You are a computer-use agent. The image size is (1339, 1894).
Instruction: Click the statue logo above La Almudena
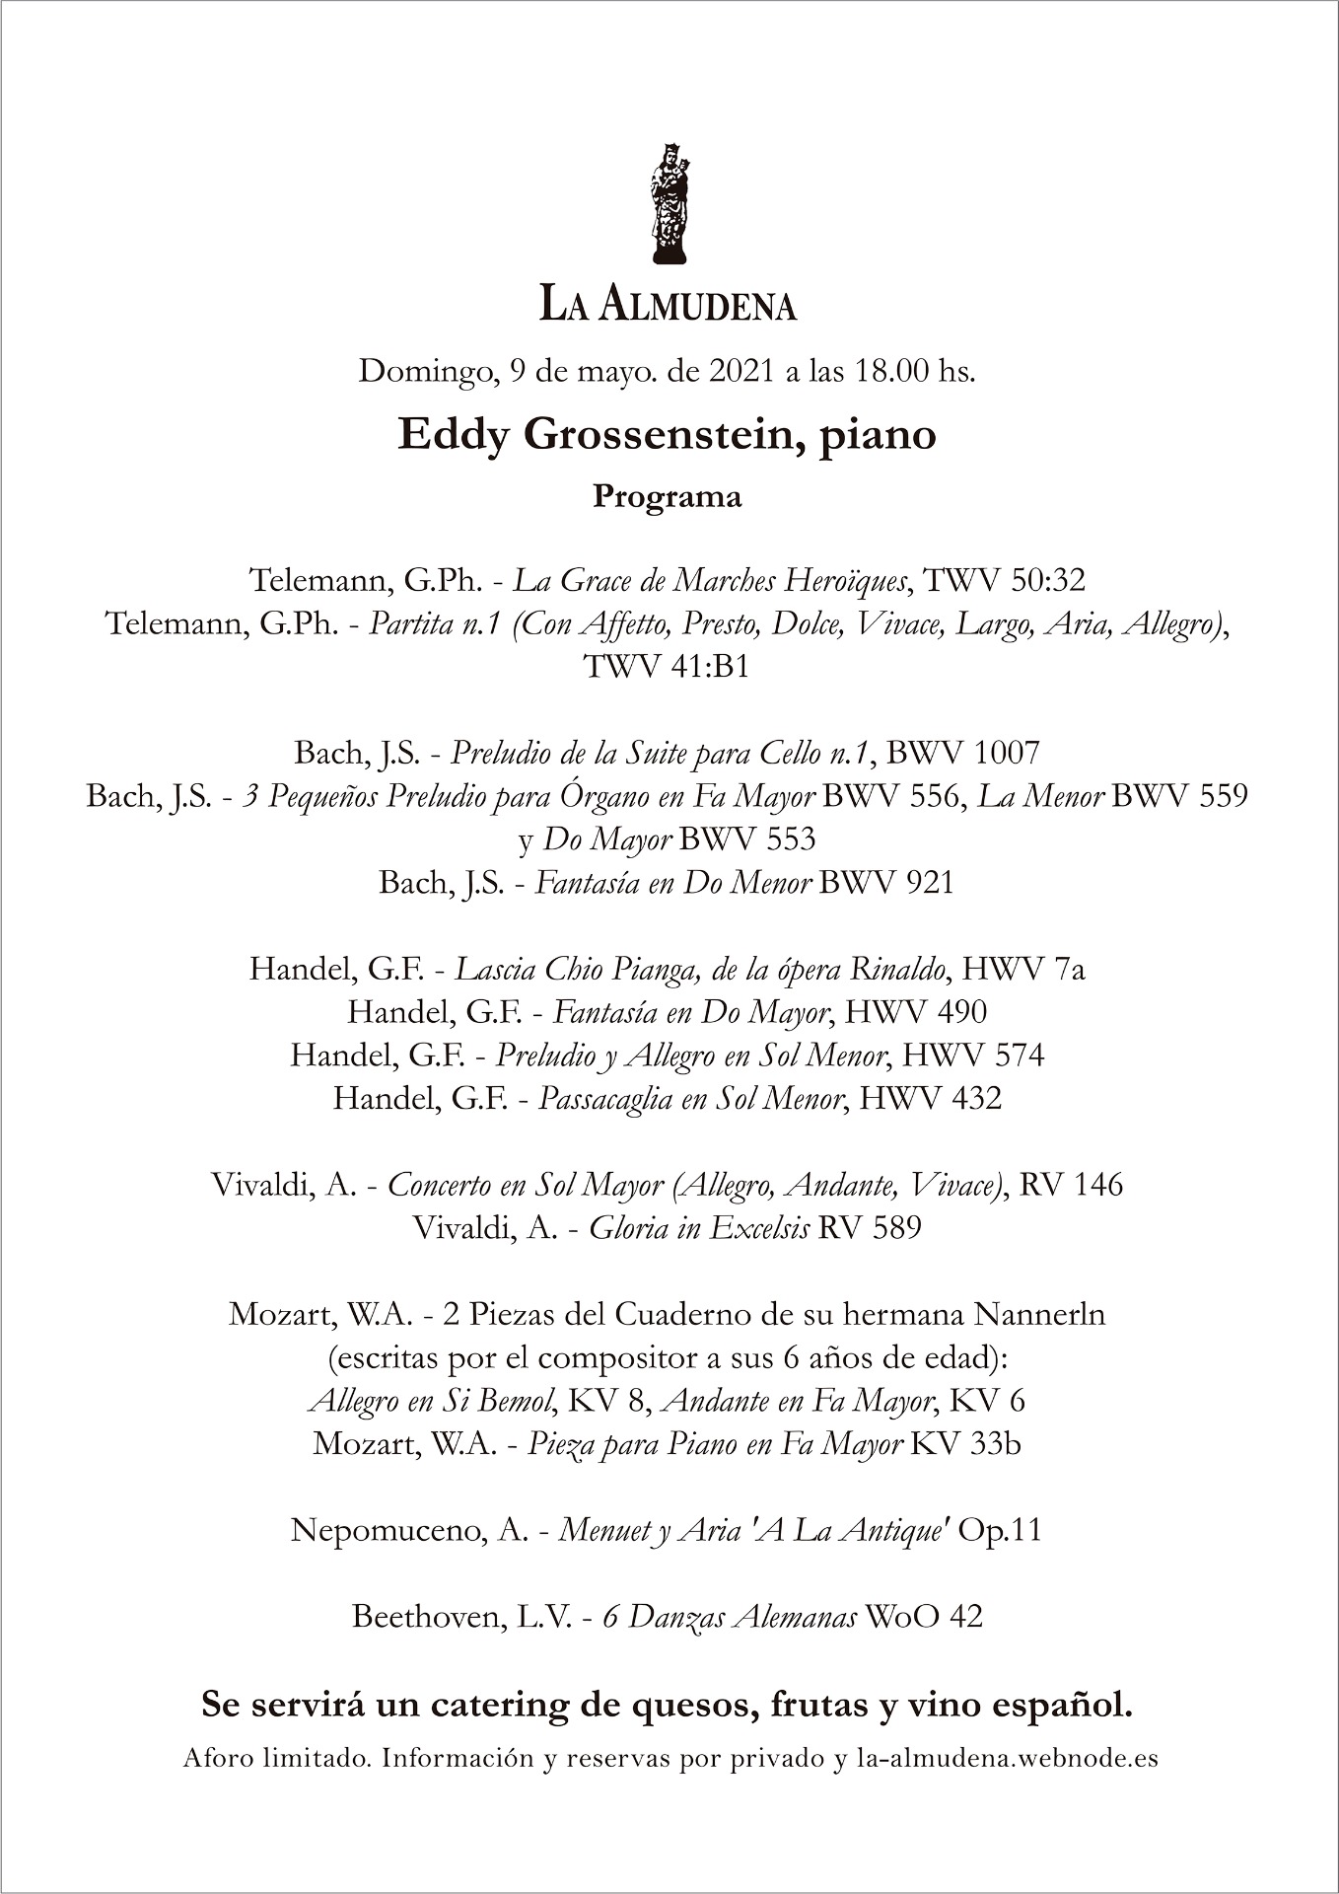669,203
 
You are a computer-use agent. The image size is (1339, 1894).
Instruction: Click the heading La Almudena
669,304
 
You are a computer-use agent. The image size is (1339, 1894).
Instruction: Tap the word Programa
667,496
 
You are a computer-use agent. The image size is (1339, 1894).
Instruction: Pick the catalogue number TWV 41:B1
667,666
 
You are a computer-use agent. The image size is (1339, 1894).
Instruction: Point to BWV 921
886,882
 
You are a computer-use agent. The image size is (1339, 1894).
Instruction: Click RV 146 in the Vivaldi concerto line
1071,1184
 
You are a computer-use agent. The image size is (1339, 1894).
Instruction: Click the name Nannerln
1039,1314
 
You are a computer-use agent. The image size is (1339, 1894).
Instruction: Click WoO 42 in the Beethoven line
924,1617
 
